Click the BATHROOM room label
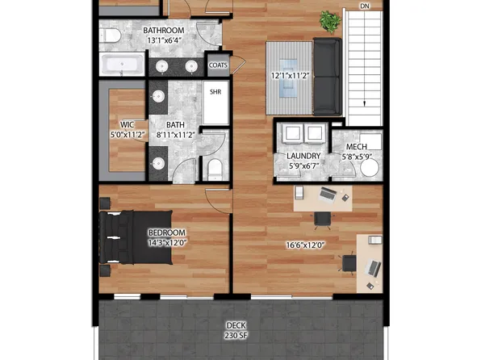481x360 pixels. [163, 31]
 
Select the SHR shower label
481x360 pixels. [215, 92]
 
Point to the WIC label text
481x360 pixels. [127, 124]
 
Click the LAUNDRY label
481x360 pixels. [303, 156]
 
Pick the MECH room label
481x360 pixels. [357, 147]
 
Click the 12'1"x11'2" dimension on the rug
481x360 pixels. [291, 77]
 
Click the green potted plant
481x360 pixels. [329, 20]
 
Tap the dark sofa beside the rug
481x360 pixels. [327, 77]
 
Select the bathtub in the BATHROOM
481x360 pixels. [122, 65]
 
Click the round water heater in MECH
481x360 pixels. [370, 168]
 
